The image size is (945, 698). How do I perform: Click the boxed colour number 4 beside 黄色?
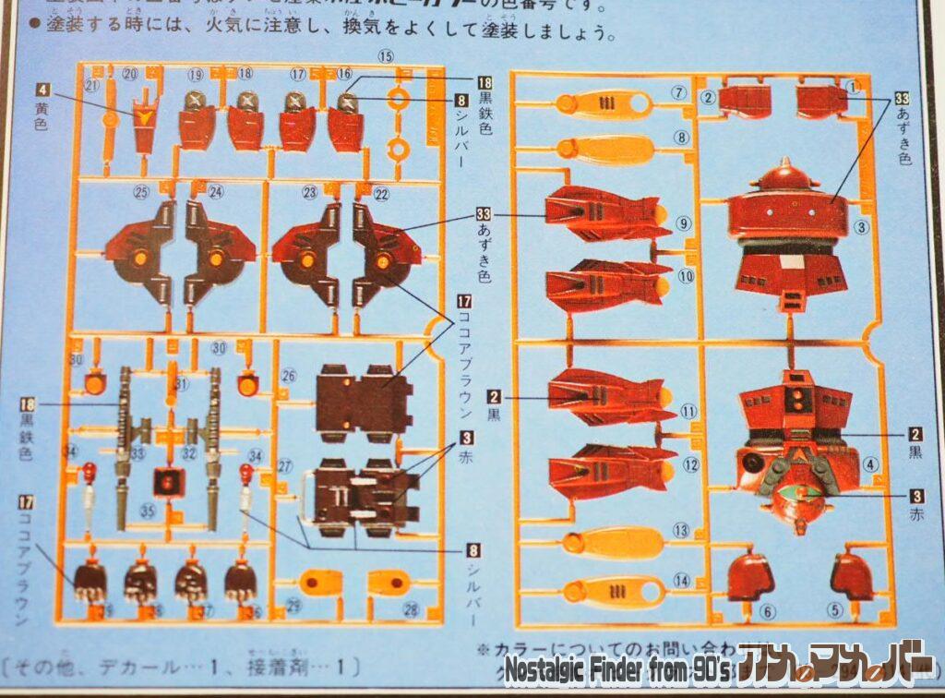tap(42, 89)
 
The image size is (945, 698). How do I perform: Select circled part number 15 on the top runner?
tap(385, 57)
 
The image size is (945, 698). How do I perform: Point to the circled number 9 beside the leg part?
tap(683, 223)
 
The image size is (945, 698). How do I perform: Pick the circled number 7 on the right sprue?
tap(680, 91)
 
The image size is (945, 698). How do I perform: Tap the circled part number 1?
tap(853, 87)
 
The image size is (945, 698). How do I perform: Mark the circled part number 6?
tap(768, 610)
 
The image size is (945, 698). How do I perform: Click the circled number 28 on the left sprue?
tap(411, 609)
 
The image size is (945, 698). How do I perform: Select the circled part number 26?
tap(288, 376)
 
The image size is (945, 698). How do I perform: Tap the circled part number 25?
tap(140, 192)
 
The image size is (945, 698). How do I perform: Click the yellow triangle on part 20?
tap(145, 116)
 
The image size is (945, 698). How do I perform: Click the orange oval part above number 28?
tap(389, 582)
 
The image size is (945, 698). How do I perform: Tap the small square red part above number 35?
tap(169, 480)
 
